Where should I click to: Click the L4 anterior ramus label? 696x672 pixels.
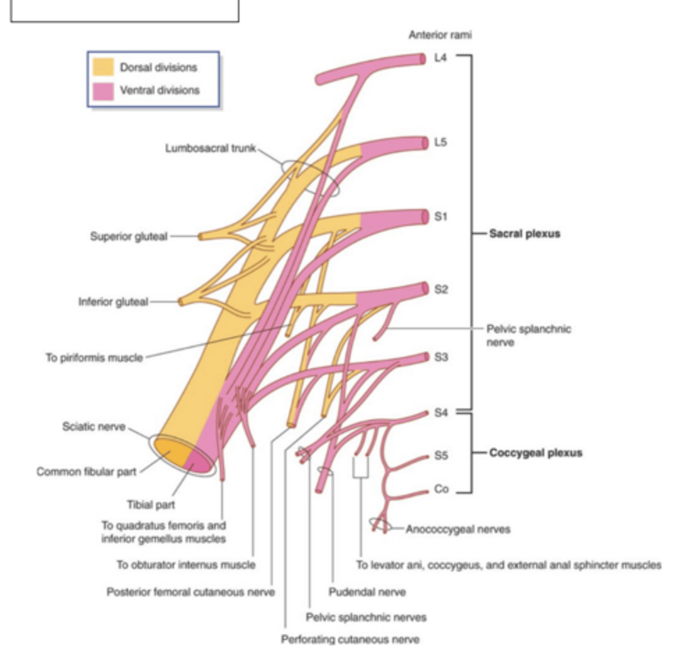[441, 57]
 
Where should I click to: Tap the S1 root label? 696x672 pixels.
[441, 216]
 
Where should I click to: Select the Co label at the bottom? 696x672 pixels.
[441, 489]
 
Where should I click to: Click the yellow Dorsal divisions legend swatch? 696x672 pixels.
[103, 67]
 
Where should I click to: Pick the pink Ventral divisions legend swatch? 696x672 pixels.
[103, 90]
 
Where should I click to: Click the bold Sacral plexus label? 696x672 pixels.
[524, 234]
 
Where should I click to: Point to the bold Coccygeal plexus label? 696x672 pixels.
[535, 452]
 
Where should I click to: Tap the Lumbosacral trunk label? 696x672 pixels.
[210, 148]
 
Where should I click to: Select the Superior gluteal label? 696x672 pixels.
[129, 236]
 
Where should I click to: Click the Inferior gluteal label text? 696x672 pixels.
[113, 302]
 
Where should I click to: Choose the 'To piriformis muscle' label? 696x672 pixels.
[94, 357]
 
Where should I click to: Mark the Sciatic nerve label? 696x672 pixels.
[93, 427]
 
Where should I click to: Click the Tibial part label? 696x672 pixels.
[151, 505]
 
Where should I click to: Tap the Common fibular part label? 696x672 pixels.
[86, 472]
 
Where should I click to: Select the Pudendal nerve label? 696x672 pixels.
[367, 592]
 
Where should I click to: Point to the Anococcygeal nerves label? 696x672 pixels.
[458, 529]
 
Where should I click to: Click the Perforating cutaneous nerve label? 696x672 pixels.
[350, 639]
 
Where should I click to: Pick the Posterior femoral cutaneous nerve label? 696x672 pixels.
[191, 592]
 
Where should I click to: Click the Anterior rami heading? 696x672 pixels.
[440, 35]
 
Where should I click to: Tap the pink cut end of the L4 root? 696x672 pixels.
[422, 58]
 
